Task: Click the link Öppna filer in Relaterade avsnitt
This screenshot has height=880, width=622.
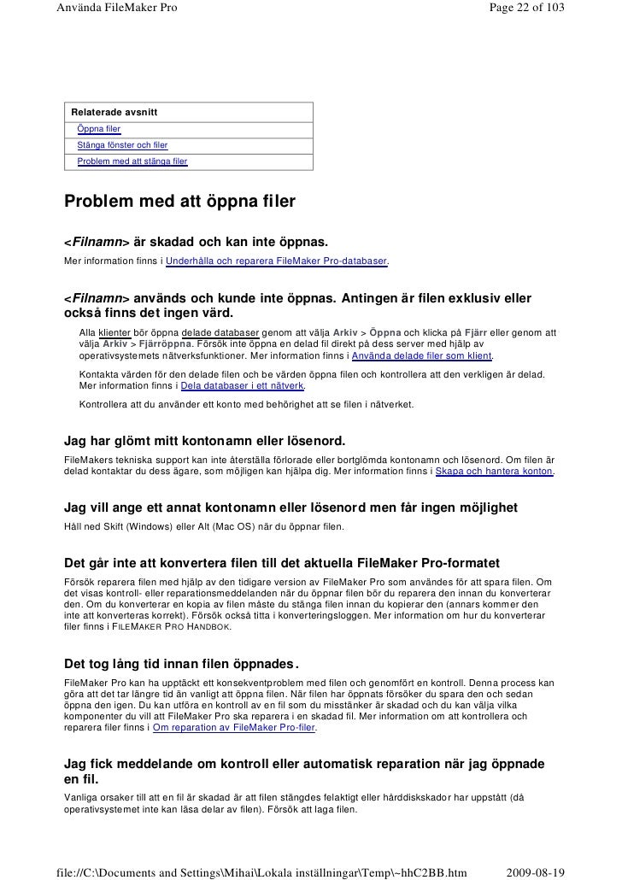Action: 98,129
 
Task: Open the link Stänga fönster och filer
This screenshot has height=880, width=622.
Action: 122,144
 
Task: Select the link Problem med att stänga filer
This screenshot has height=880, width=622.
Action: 132,161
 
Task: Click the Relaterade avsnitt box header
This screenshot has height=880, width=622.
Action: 114,113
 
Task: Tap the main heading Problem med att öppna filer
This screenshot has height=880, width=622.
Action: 179,202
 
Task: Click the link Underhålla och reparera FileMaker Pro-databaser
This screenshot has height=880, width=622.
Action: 277,259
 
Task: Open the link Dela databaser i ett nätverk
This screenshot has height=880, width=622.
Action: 243,385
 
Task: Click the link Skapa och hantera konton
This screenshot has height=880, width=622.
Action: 495,472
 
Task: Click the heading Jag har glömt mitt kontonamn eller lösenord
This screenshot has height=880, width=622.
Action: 205,441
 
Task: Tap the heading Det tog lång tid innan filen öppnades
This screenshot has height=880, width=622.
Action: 182,666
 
